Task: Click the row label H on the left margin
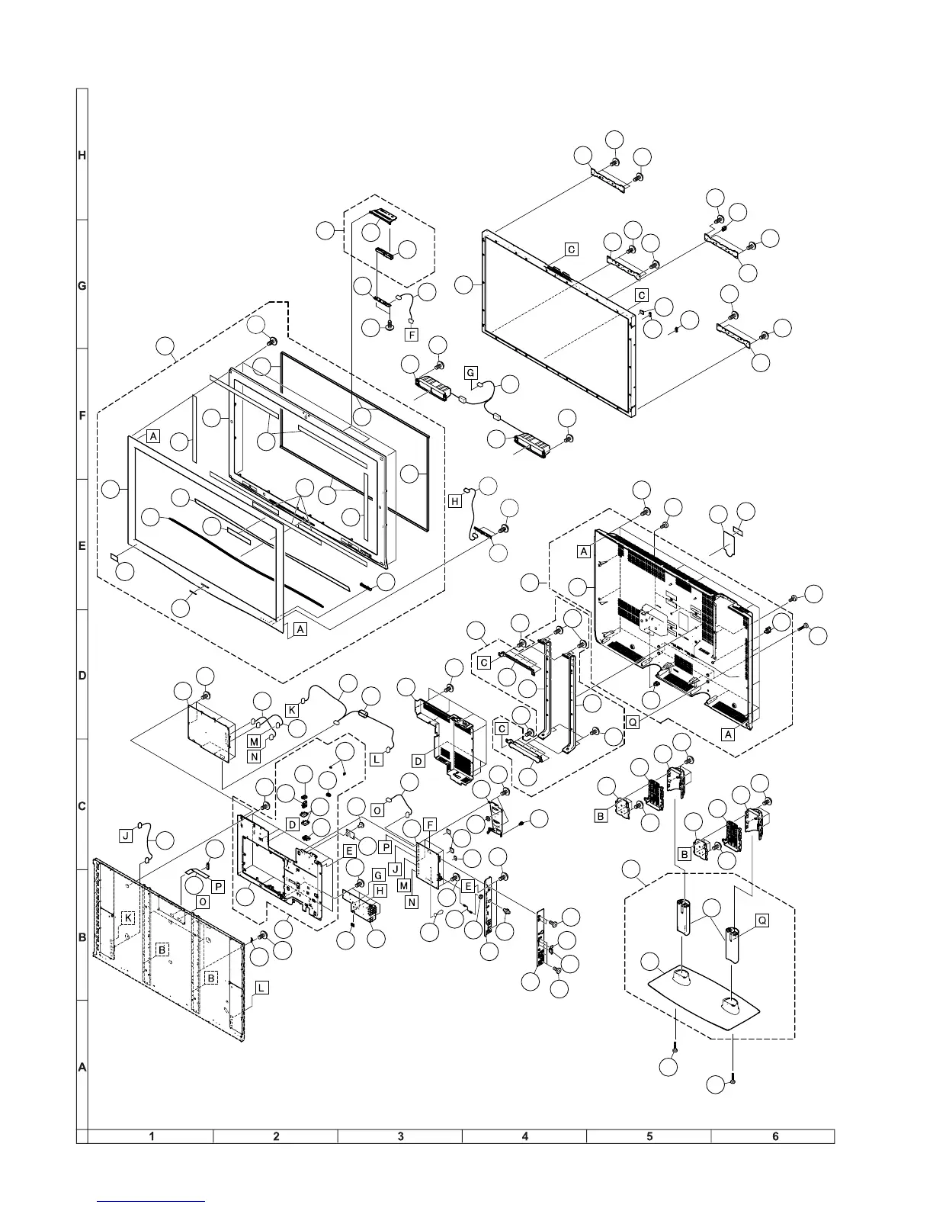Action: tap(82, 156)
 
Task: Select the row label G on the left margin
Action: tap(82, 286)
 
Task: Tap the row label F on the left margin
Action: tap(82, 416)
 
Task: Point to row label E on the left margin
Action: tap(82, 546)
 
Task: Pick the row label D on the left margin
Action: tap(82, 676)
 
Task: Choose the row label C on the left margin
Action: tap(82, 806)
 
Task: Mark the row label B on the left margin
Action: tap(82, 937)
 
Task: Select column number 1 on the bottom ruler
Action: tap(152, 1136)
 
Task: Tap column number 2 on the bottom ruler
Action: tap(276, 1136)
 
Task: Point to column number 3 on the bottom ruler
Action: tap(401, 1136)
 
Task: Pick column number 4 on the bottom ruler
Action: tap(525, 1136)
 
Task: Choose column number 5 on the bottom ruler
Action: tap(649, 1136)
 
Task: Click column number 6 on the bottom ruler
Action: tap(775, 1136)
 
